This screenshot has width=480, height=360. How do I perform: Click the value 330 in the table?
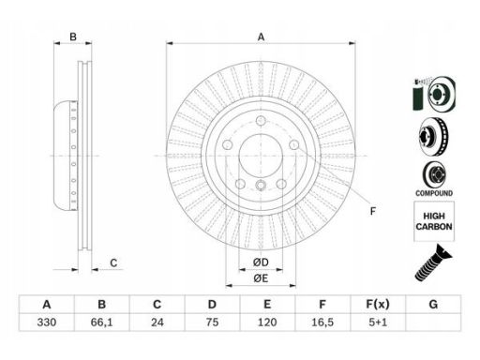click(x=47, y=322)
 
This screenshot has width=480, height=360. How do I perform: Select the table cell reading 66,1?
click(x=102, y=322)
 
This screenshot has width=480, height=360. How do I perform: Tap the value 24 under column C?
click(x=157, y=322)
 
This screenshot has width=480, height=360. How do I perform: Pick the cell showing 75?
click(x=212, y=322)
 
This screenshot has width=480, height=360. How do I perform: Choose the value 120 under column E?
click(x=267, y=322)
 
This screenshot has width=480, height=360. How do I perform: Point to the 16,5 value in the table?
click(x=322, y=322)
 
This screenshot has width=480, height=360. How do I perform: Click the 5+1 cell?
click(x=378, y=322)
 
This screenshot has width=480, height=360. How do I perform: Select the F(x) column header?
click(x=378, y=304)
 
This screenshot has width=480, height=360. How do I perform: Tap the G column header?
click(x=433, y=304)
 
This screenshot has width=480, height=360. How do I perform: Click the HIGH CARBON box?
click(x=434, y=221)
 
